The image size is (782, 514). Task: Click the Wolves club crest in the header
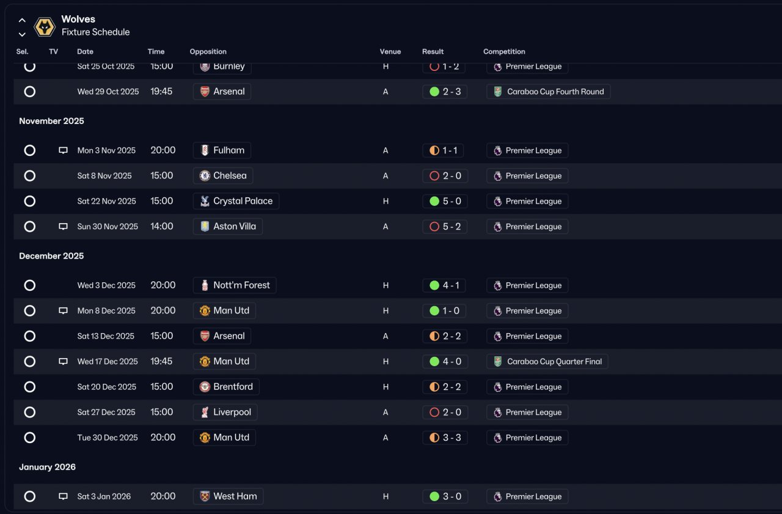pyautogui.click(x=45, y=26)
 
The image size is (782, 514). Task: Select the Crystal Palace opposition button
pyautogui.click(x=236, y=201)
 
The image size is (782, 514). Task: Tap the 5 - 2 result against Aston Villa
pyautogui.click(x=445, y=227)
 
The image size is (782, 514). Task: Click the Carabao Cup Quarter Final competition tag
pyautogui.click(x=547, y=361)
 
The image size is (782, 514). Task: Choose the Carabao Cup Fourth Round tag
pyautogui.click(x=548, y=92)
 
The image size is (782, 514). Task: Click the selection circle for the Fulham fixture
pyautogui.click(x=30, y=150)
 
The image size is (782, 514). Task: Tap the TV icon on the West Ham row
pyautogui.click(x=63, y=496)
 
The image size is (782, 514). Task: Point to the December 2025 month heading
pyautogui.click(x=51, y=256)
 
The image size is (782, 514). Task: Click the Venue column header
pyautogui.click(x=390, y=52)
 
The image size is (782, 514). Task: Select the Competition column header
pyautogui.click(x=504, y=52)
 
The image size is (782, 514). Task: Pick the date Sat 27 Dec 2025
pyautogui.click(x=106, y=412)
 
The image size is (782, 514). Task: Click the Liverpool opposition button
pyautogui.click(x=225, y=412)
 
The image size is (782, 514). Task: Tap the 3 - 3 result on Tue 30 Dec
pyautogui.click(x=445, y=438)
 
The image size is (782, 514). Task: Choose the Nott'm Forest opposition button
pyautogui.click(x=235, y=285)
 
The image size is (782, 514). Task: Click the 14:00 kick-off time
pyautogui.click(x=162, y=226)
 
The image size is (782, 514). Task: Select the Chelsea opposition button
pyautogui.click(x=223, y=175)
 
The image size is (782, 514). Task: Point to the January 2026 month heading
pyautogui.click(x=47, y=467)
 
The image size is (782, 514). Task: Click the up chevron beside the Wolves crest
pyautogui.click(x=22, y=20)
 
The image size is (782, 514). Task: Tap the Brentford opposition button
pyautogui.click(x=226, y=387)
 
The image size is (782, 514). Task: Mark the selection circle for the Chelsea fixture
pyautogui.click(x=30, y=175)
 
